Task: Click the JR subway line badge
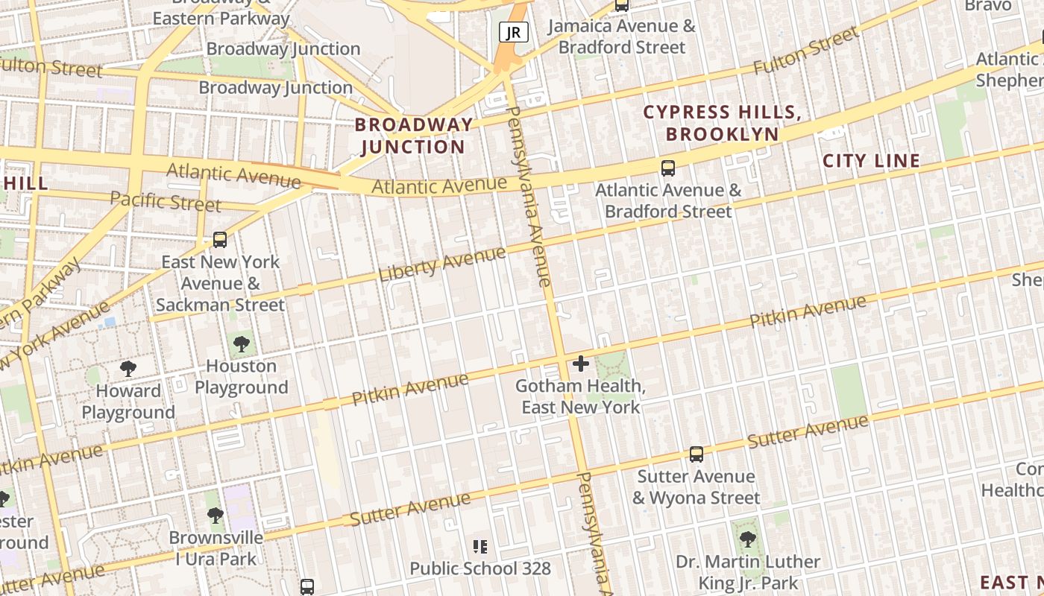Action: tap(514, 32)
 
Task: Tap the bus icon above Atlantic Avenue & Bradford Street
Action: tap(668, 168)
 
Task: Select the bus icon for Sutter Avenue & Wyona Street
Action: tap(696, 454)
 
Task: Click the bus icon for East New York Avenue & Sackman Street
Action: tap(220, 240)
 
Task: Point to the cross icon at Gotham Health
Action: tap(581, 364)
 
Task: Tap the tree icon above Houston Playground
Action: tap(241, 344)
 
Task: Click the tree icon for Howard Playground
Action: tap(128, 369)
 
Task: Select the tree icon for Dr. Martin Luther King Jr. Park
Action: tap(747, 539)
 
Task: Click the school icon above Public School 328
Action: tap(480, 548)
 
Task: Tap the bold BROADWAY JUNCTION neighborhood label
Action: tap(413, 136)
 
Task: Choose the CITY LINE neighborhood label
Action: tap(871, 161)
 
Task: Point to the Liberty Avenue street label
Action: tap(442, 264)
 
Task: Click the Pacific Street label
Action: tap(166, 201)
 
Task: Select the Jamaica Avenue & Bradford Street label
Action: tap(621, 37)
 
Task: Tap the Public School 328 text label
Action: tap(480, 569)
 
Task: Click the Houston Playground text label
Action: tap(241, 377)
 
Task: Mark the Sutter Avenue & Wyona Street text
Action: tap(696, 487)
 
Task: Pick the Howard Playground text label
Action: tap(128, 402)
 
